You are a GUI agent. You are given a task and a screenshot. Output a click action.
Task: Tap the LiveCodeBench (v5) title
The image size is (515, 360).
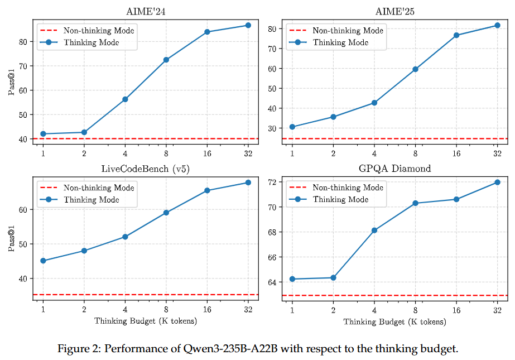[x=145, y=169]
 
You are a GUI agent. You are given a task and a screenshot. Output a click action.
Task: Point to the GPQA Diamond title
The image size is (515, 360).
[x=395, y=169]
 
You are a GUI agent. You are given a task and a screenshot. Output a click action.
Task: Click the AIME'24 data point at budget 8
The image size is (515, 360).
[x=166, y=60]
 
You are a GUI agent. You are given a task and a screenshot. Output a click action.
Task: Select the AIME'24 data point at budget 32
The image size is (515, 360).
[x=248, y=25]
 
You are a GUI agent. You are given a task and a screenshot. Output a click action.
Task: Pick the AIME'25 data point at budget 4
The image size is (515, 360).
[x=374, y=103]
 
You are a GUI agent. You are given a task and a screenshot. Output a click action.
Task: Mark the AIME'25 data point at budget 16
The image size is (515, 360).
[x=456, y=35]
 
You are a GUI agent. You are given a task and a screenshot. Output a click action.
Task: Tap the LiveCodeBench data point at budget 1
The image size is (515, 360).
[x=43, y=261]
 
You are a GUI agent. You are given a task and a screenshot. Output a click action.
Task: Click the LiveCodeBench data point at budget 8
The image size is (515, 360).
[x=166, y=213]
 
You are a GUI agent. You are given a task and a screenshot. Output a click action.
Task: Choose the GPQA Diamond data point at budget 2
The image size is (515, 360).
[x=333, y=277]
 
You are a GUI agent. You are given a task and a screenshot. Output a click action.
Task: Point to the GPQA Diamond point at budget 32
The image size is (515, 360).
[x=497, y=183]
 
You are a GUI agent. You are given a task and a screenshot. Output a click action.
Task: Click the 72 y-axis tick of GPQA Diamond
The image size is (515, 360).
[x=275, y=182]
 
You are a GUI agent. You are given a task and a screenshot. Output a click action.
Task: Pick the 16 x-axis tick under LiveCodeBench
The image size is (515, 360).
[x=207, y=309]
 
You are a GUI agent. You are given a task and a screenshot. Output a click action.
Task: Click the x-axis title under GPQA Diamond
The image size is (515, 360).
[x=394, y=321]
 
